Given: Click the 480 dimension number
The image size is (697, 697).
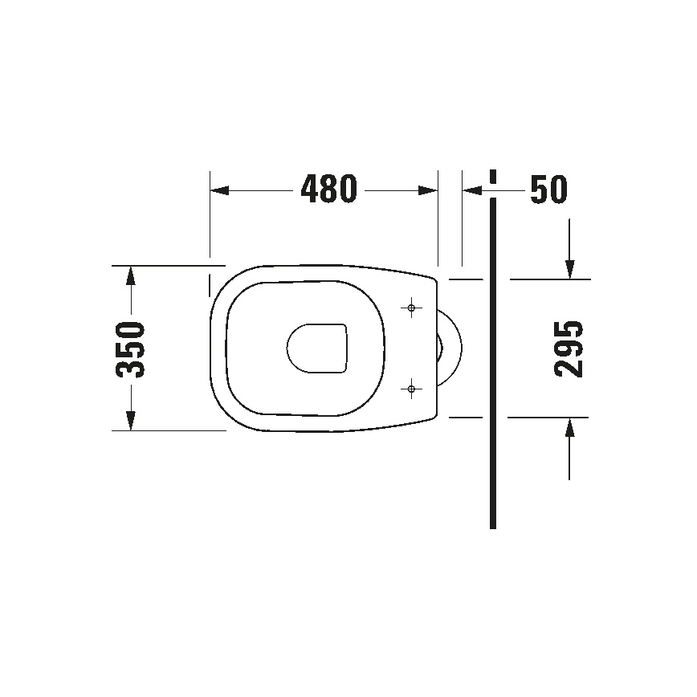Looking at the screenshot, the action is click(328, 190).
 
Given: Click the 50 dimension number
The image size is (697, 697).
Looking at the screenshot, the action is click(548, 190).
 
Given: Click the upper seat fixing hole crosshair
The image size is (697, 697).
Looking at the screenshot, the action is click(412, 308).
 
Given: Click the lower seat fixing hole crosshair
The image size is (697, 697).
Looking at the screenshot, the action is click(412, 389).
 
